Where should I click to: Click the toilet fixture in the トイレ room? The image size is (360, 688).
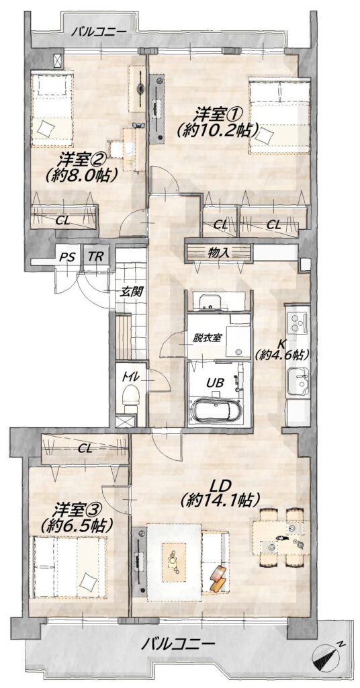point(131,396)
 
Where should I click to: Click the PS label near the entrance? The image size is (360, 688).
point(65,257)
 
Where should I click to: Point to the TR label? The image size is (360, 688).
point(95,256)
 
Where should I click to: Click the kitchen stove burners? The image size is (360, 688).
point(298,320)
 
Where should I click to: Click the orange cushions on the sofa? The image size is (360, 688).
point(218,578)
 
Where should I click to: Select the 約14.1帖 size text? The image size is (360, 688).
point(222,500)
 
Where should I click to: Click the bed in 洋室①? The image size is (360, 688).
point(280,116)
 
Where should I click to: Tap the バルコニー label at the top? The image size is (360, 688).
point(99,32)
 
